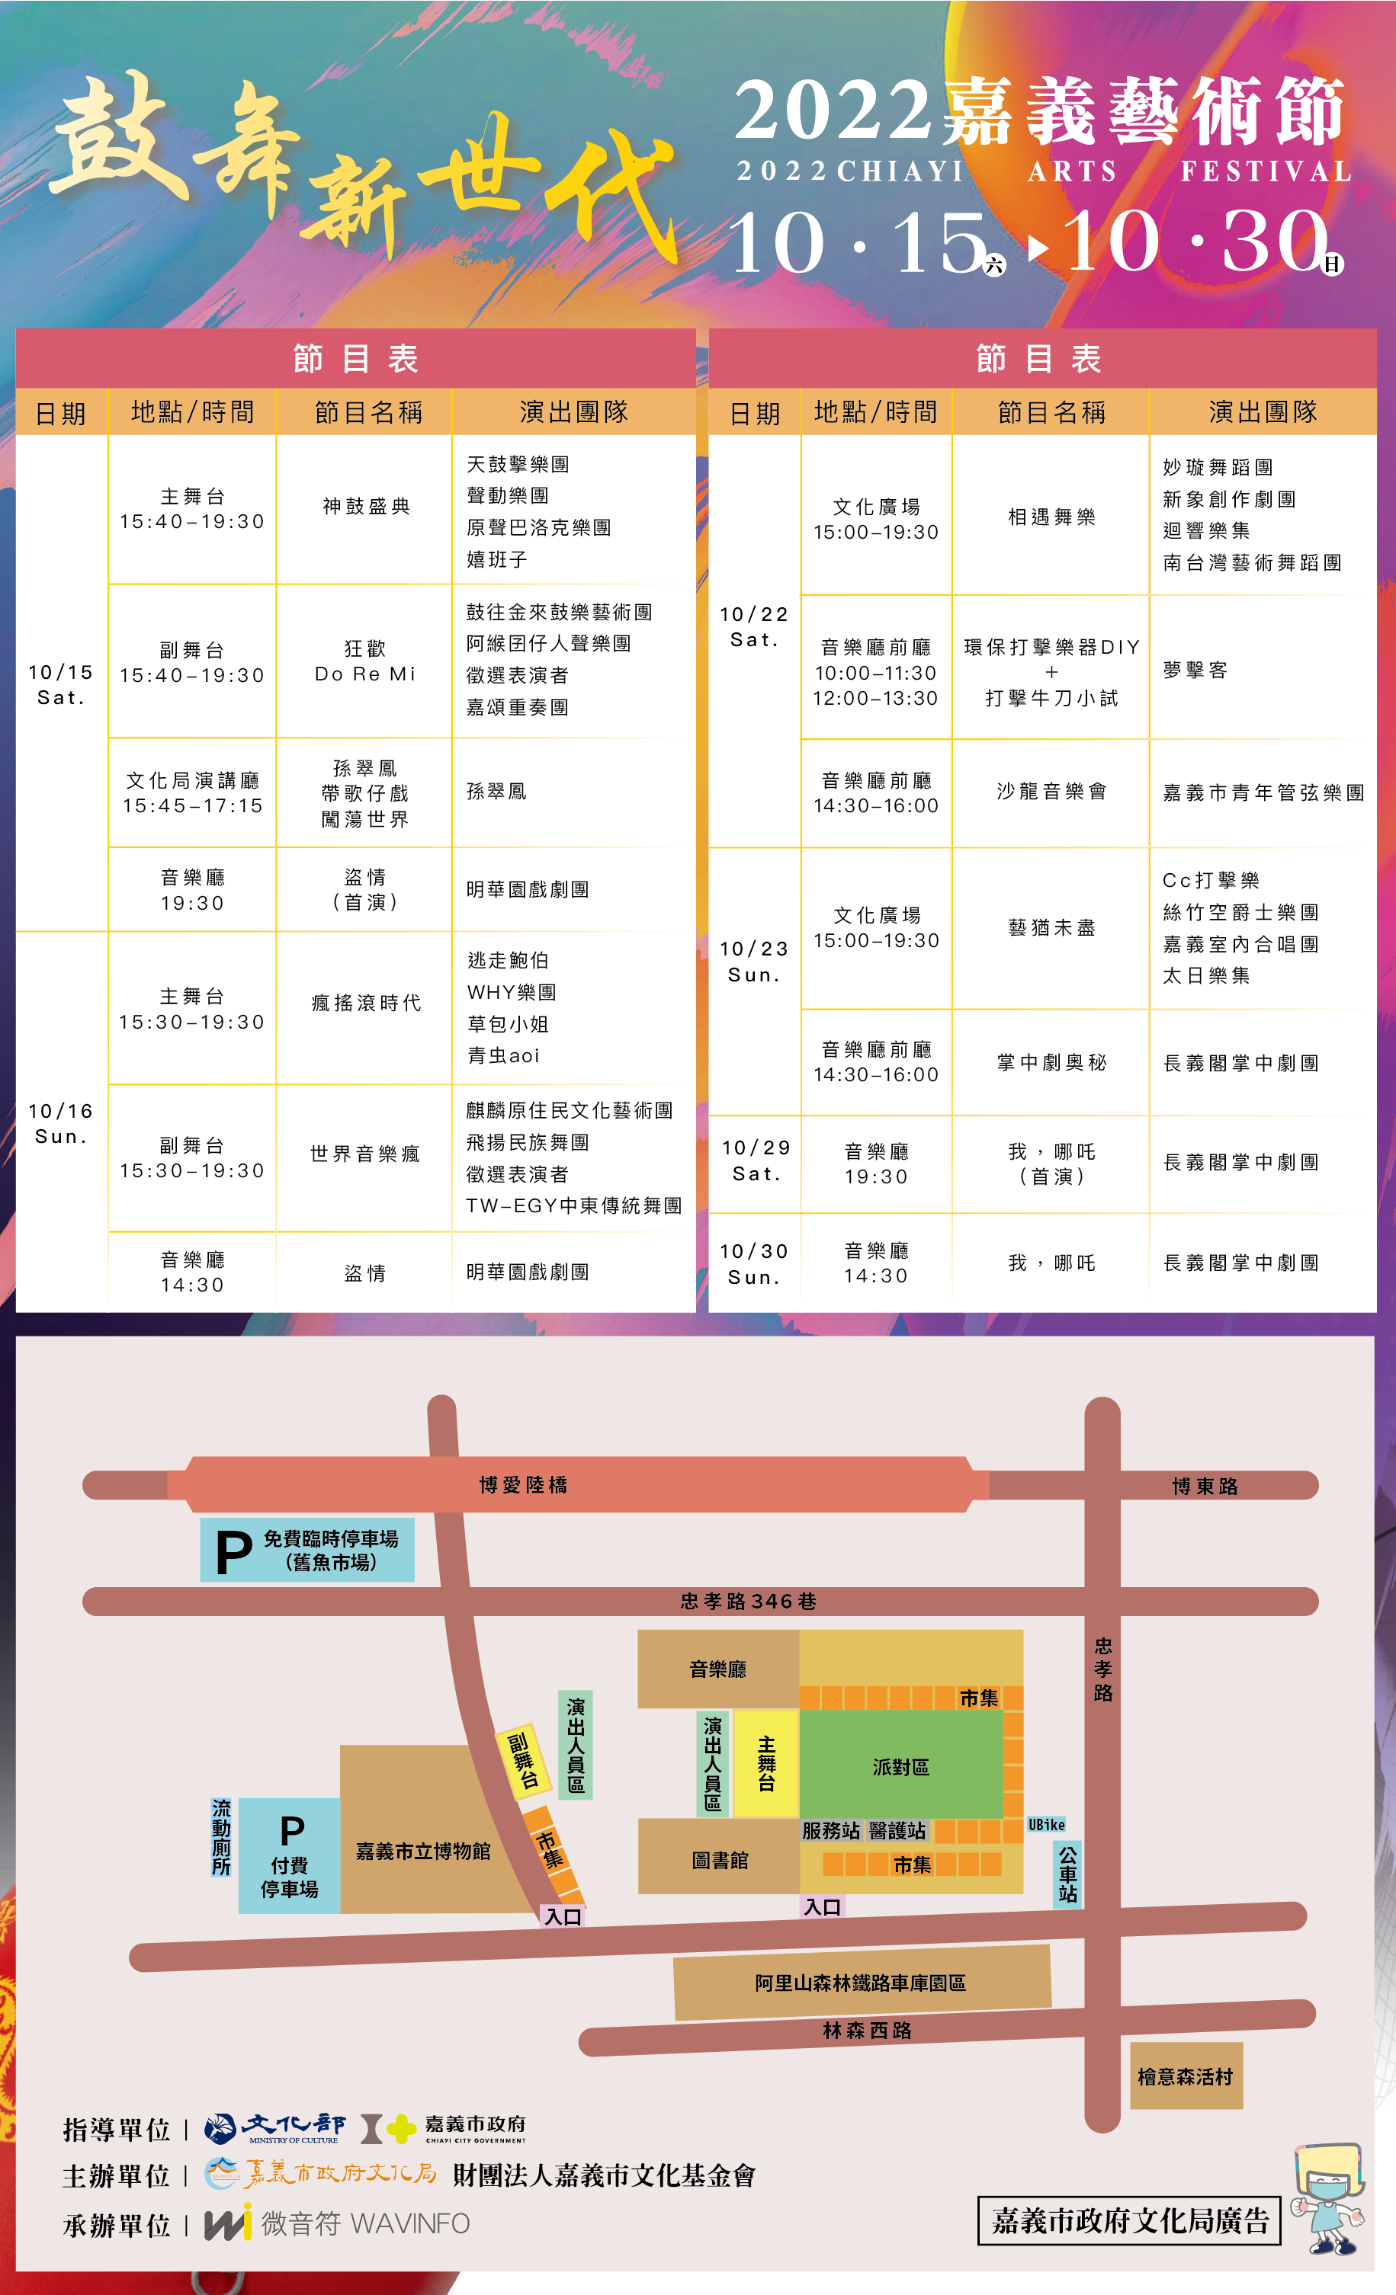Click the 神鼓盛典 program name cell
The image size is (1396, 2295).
tap(366, 506)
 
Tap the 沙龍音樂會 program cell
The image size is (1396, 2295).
tap(1051, 792)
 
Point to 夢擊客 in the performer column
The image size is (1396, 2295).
tap(1195, 671)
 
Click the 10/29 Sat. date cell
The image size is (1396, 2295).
tap(755, 1160)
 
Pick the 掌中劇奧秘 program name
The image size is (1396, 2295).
tap(1051, 1063)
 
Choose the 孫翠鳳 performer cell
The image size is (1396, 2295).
tap(496, 792)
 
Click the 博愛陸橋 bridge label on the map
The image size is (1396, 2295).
tap(523, 1485)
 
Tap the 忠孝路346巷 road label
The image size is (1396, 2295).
tap(749, 1601)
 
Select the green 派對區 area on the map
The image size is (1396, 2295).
tap(900, 1767)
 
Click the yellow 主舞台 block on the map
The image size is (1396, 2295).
tap(766, 1763)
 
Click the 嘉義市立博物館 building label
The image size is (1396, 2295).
tap(423, 1852)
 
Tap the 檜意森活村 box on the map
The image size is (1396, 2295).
tap(1186, 2076)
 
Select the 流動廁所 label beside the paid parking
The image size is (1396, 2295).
tap(221, 1837)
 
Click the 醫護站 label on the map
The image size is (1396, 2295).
tap(897, 1831)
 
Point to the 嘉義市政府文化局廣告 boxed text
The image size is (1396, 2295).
tap(1129, 2220)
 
